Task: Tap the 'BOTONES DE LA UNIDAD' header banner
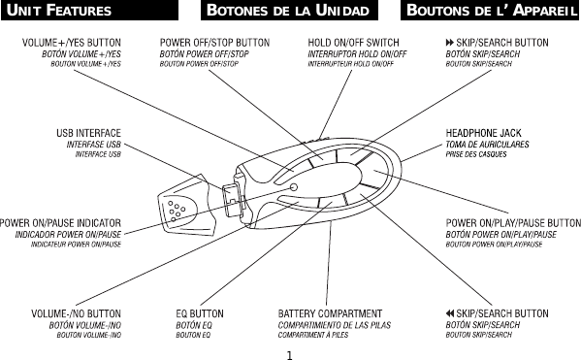[x=291, y=12]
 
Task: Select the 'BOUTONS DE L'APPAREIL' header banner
[x=490, y=12]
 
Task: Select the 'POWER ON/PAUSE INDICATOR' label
[x=61, y=222]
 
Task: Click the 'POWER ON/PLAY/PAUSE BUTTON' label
[x=512, y=222]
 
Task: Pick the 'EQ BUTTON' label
[x=200, y=313]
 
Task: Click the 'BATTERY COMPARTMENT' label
[x=331, y=313]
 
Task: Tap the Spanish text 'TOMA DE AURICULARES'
[x=488, y=144]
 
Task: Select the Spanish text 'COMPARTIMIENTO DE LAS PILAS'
[x=334, y=324]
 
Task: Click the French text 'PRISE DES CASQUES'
[x=476, y=154]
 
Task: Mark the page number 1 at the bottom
[x=290, y=352]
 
